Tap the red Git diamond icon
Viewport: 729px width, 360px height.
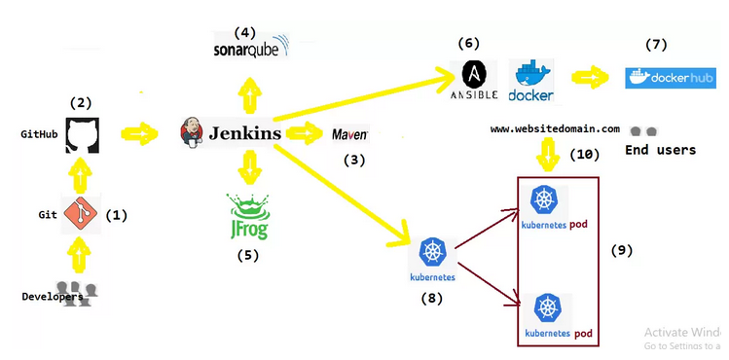80,214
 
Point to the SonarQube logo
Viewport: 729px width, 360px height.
252,48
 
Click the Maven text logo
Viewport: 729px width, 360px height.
349,134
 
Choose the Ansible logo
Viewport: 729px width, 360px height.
474,80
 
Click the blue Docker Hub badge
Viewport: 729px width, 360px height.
670,78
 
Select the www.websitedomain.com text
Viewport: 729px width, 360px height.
555,128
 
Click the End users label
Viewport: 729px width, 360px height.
660,150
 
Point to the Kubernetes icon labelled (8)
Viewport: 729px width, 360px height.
431,253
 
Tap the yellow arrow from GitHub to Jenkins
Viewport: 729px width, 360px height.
141,133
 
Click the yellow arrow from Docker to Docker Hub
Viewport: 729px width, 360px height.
591,79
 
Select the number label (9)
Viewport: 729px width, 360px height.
622,250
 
